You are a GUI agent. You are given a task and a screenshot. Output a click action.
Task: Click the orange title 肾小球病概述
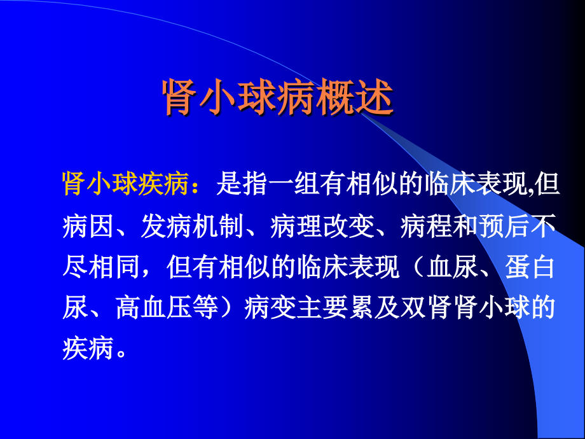279,97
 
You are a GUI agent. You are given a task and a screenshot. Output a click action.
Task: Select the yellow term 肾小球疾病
127,184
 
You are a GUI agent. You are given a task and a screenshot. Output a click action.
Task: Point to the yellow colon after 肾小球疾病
203,186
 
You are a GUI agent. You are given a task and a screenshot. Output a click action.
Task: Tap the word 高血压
153,309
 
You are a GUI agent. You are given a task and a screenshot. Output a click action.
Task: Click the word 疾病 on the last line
88,349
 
